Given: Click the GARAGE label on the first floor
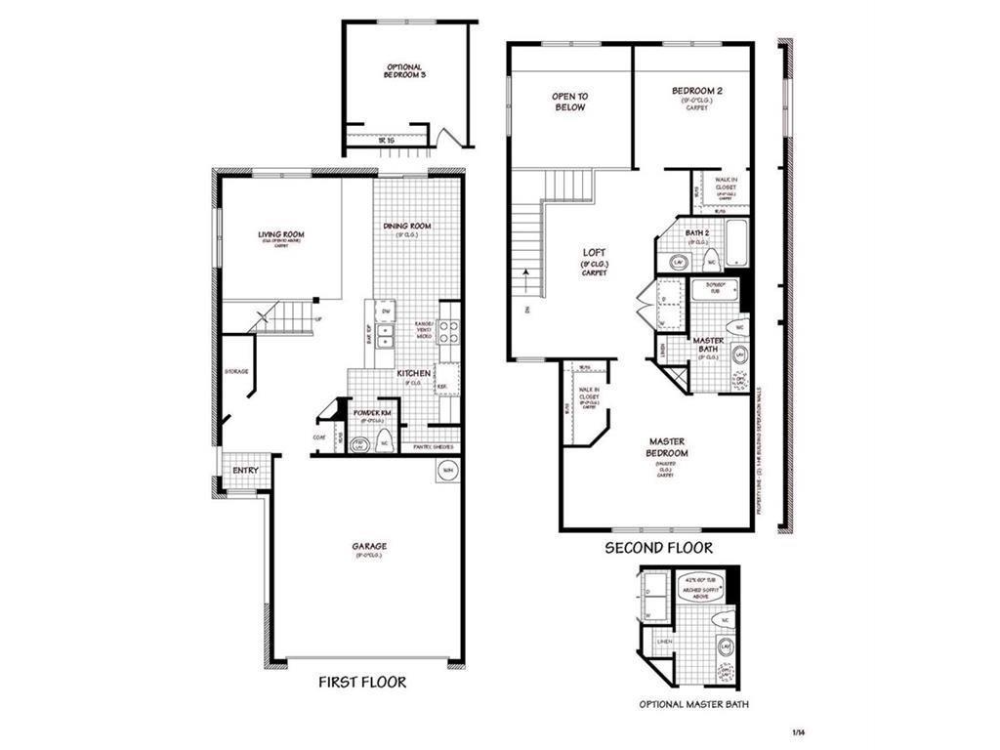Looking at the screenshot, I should tap(369, 548).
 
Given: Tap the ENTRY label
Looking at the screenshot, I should tap(245, 471).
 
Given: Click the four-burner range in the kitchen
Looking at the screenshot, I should tap(448, 332).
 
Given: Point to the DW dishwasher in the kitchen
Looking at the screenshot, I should tap(387, 312).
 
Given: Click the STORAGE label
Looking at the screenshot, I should tap(235, 371).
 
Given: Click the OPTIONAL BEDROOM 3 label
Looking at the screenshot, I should tap(404, 70).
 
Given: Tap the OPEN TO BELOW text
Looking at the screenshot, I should tap(569, 102).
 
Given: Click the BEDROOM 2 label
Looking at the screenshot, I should tap(694, 92).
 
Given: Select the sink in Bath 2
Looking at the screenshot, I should tap(677, 261).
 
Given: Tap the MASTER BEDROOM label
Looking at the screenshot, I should tap(668, 447).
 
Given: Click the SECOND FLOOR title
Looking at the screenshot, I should tap(658, 548).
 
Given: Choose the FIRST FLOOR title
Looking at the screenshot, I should tap(362, 682).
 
